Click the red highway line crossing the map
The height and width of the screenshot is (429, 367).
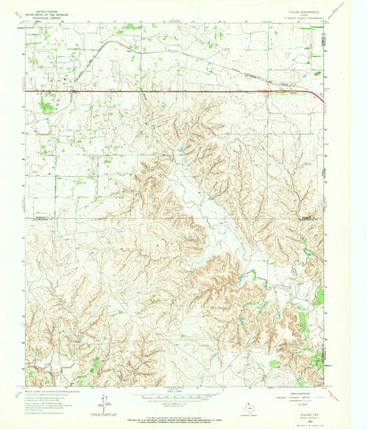(x=172, y=90)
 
